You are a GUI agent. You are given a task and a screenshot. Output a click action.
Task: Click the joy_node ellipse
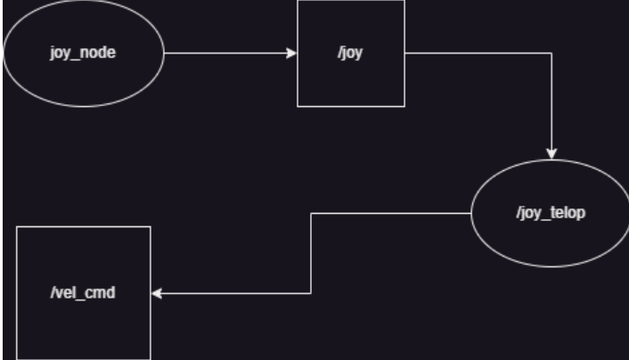85,77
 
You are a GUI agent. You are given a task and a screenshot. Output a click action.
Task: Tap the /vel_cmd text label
84,293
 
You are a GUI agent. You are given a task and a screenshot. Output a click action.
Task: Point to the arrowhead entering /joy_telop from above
554,152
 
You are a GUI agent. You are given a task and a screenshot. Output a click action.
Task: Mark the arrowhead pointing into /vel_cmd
157,293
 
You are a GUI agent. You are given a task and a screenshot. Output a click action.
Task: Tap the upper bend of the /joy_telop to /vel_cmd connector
309,214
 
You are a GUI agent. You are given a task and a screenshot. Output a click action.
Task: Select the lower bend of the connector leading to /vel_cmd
309,293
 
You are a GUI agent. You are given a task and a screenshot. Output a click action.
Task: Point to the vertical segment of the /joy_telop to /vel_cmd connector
309,254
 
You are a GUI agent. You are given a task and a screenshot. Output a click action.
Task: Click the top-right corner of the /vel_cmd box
151,227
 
